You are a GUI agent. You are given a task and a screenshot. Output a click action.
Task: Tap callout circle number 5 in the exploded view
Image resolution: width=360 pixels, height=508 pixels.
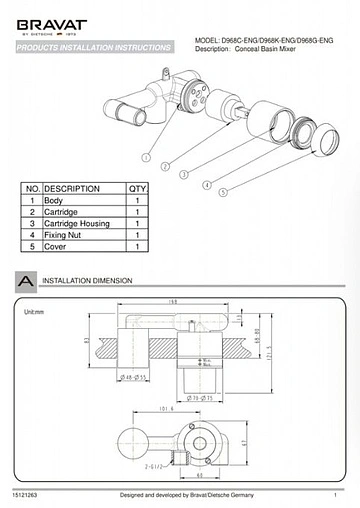coord(223,192)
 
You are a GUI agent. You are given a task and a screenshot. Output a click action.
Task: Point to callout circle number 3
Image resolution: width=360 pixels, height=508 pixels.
coord(184,174)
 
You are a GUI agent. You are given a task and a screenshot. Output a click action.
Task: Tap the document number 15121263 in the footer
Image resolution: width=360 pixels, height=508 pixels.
coord(26,494)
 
